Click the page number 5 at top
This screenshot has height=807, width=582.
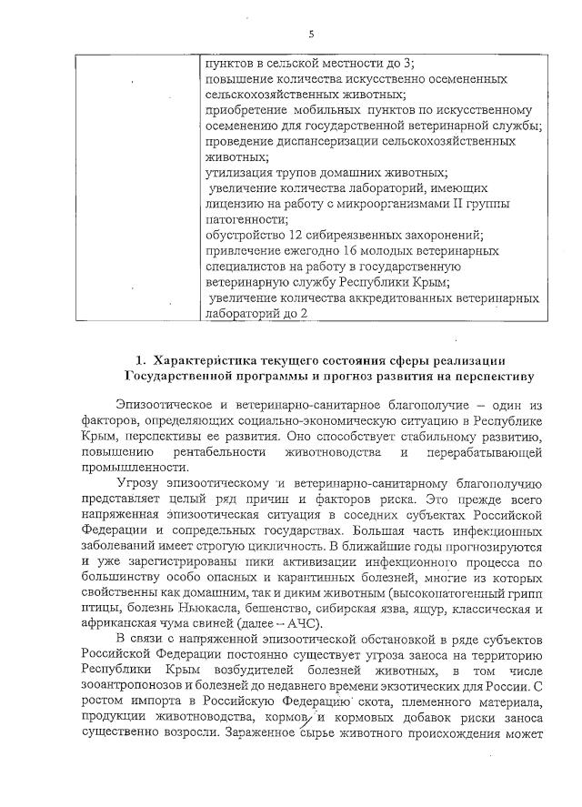coord(311,34)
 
